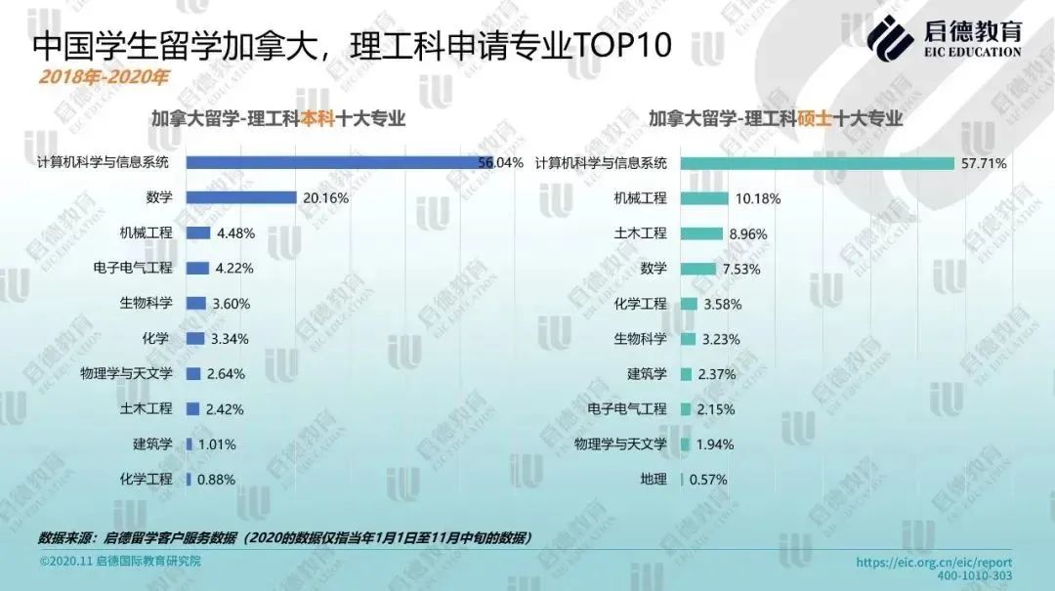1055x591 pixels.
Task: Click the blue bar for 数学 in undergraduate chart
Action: point(240,197)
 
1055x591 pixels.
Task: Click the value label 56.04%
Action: point(501,162)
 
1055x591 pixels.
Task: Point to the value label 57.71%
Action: point(984,163)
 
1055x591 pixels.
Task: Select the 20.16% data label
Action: point(325,198)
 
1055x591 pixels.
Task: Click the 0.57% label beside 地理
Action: point(708,480)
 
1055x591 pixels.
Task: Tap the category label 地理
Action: point(654,479)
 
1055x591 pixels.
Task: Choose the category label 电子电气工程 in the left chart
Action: point(133,268)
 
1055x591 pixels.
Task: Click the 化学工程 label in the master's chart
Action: point(641,304)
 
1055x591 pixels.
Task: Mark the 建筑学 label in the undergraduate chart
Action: point(152,443)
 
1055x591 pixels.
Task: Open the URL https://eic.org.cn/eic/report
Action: point(934,563)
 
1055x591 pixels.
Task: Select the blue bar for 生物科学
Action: point(195,303)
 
